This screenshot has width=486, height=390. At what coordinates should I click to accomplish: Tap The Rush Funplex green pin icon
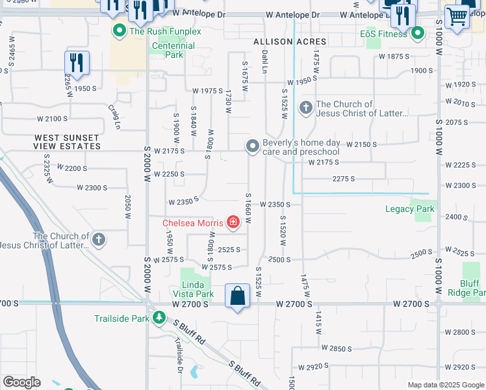coord(120,31)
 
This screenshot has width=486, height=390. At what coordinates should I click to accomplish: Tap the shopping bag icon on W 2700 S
coord(238,296)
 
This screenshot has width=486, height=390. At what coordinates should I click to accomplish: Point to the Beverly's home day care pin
coord(253,147)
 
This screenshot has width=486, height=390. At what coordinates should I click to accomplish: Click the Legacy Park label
coord(409,209)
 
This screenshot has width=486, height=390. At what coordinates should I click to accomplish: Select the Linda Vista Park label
coord(194,289)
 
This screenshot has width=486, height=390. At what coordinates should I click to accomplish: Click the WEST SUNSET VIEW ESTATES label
coord(68,142)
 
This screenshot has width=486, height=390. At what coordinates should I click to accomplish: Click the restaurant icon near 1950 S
coord(77,63)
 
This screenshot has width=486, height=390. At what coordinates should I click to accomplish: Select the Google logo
coord(21,382)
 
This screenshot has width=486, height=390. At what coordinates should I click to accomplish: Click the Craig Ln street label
coord(115,116)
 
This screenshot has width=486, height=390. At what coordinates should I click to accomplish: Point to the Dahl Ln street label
coord(264,62)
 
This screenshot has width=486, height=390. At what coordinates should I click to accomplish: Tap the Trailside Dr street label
coord(179,356)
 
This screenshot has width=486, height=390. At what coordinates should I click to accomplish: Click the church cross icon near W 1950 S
coord(306,108)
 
